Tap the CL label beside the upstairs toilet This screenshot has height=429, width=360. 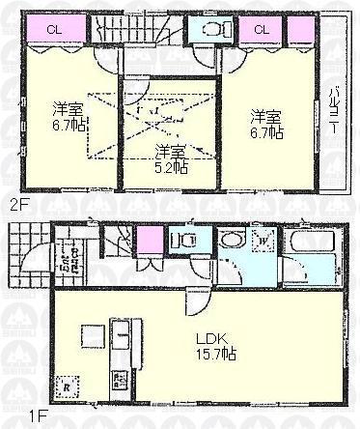click(261, 29)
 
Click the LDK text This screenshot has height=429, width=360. click(213, 341)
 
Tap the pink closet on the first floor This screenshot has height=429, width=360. click(149, 239)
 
